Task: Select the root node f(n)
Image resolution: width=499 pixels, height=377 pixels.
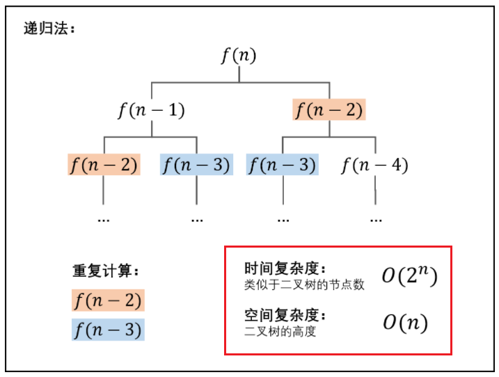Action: tap(239, 56)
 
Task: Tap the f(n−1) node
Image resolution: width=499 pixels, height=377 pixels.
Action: tap(151, 111)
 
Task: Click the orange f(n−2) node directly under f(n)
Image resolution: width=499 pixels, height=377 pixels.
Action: tap(328, 111)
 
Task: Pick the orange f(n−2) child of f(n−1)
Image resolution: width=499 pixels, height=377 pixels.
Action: tap(104, 165)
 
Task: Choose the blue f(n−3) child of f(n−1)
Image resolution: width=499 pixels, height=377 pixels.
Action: tap(196, 165)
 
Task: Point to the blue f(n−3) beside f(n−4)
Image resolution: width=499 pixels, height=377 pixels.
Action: tap(282, 165)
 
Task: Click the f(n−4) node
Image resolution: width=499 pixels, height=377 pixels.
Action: tap(374, 165)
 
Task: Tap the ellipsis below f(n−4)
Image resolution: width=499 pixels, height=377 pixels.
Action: tap(376, 219)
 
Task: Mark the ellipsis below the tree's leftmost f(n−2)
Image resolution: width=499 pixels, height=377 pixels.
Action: tap(104, 219)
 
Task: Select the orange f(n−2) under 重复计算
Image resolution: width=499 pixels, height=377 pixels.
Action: tap(107, 300)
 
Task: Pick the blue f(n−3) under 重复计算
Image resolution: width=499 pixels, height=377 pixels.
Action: tap(107, 330)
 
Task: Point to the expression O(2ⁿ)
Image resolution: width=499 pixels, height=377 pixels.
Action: tap(409, 276)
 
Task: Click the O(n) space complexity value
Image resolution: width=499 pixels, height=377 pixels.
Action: tap(404, 323)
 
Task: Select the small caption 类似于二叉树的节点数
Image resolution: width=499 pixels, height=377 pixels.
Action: tap(304, 284)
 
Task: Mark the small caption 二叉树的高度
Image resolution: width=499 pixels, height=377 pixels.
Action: tap(280, 332)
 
